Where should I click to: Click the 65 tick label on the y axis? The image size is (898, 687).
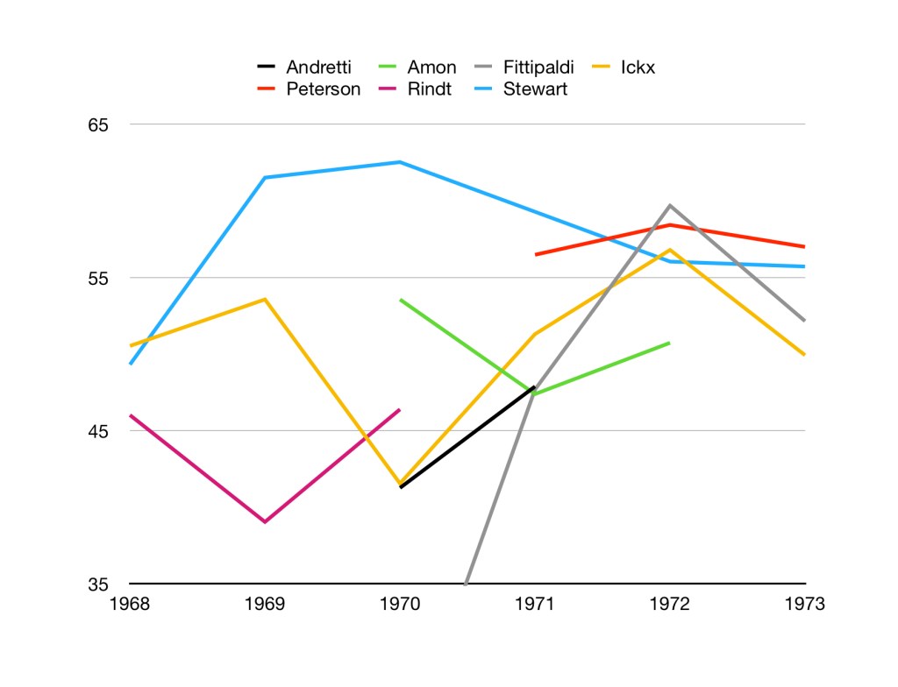97,124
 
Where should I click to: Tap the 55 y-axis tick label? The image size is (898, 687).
97,278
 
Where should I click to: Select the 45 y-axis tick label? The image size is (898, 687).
97,431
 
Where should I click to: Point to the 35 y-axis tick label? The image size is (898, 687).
97,584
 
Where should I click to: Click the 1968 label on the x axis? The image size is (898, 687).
130,604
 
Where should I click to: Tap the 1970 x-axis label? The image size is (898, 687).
400,604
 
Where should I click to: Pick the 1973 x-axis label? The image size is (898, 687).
804,604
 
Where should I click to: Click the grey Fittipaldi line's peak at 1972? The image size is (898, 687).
670,205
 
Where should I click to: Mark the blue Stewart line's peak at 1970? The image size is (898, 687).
400,162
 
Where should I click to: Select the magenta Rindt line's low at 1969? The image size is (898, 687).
265,521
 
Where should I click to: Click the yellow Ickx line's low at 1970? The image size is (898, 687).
400,484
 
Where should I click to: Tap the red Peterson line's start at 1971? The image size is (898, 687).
536,254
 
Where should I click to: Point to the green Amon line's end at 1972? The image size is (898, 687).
670,343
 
